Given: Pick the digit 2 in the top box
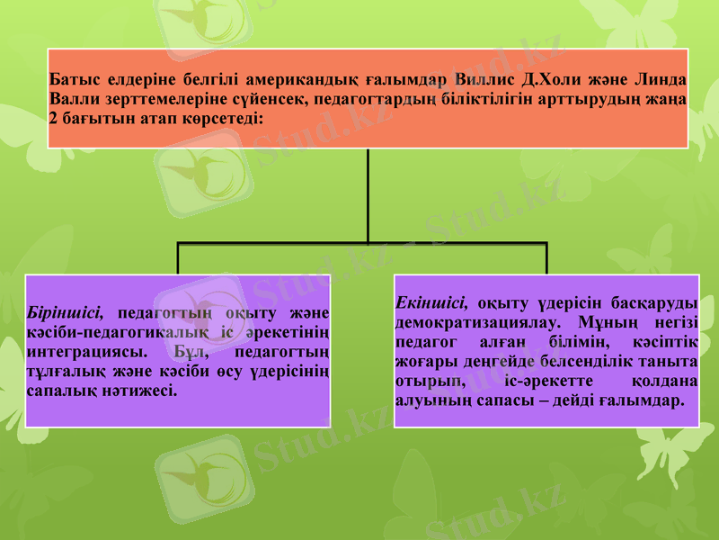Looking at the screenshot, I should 54,118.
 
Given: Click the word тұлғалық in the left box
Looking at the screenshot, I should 62,372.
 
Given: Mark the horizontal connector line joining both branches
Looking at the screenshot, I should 270,243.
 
